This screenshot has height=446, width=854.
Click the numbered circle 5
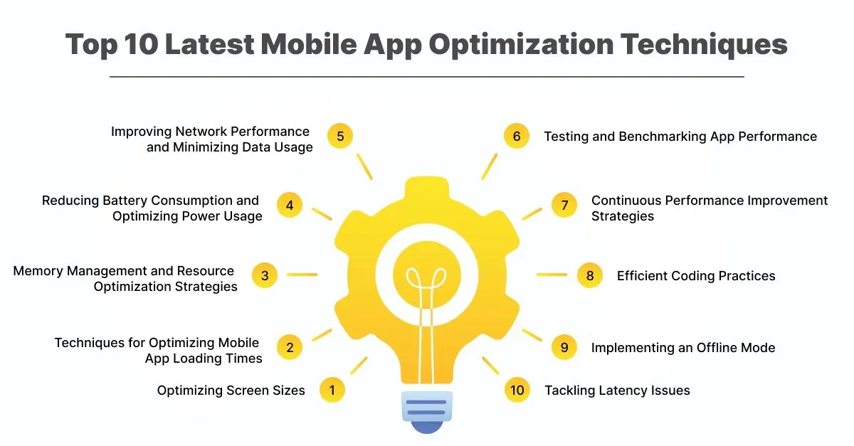[x=340, y=136]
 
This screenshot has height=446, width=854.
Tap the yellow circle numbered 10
[x=517, y=390]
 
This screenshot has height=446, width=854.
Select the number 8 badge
[x=590, y=275]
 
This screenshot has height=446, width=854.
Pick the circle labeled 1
[x=332, y=390]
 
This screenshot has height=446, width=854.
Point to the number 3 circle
[x=265, y=275]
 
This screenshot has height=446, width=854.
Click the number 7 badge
[x=564, y=205]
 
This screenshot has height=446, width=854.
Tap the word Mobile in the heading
[x=309, y=44]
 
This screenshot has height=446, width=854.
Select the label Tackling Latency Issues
[x=617, y=391]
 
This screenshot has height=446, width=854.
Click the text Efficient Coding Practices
[x=696, y=275]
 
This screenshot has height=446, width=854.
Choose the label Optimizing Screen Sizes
[x=231, y=391]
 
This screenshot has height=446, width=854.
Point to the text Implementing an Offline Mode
[x=683, y=348]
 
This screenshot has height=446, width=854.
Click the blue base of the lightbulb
[x=426, y=412]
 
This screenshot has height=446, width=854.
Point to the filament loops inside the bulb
[x=426, y=277]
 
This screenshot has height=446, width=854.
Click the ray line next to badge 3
[x=302, y=275]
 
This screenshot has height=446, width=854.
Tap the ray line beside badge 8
[x=552, y=275]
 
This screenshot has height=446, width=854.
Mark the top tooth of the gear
[x=426, y=187]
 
